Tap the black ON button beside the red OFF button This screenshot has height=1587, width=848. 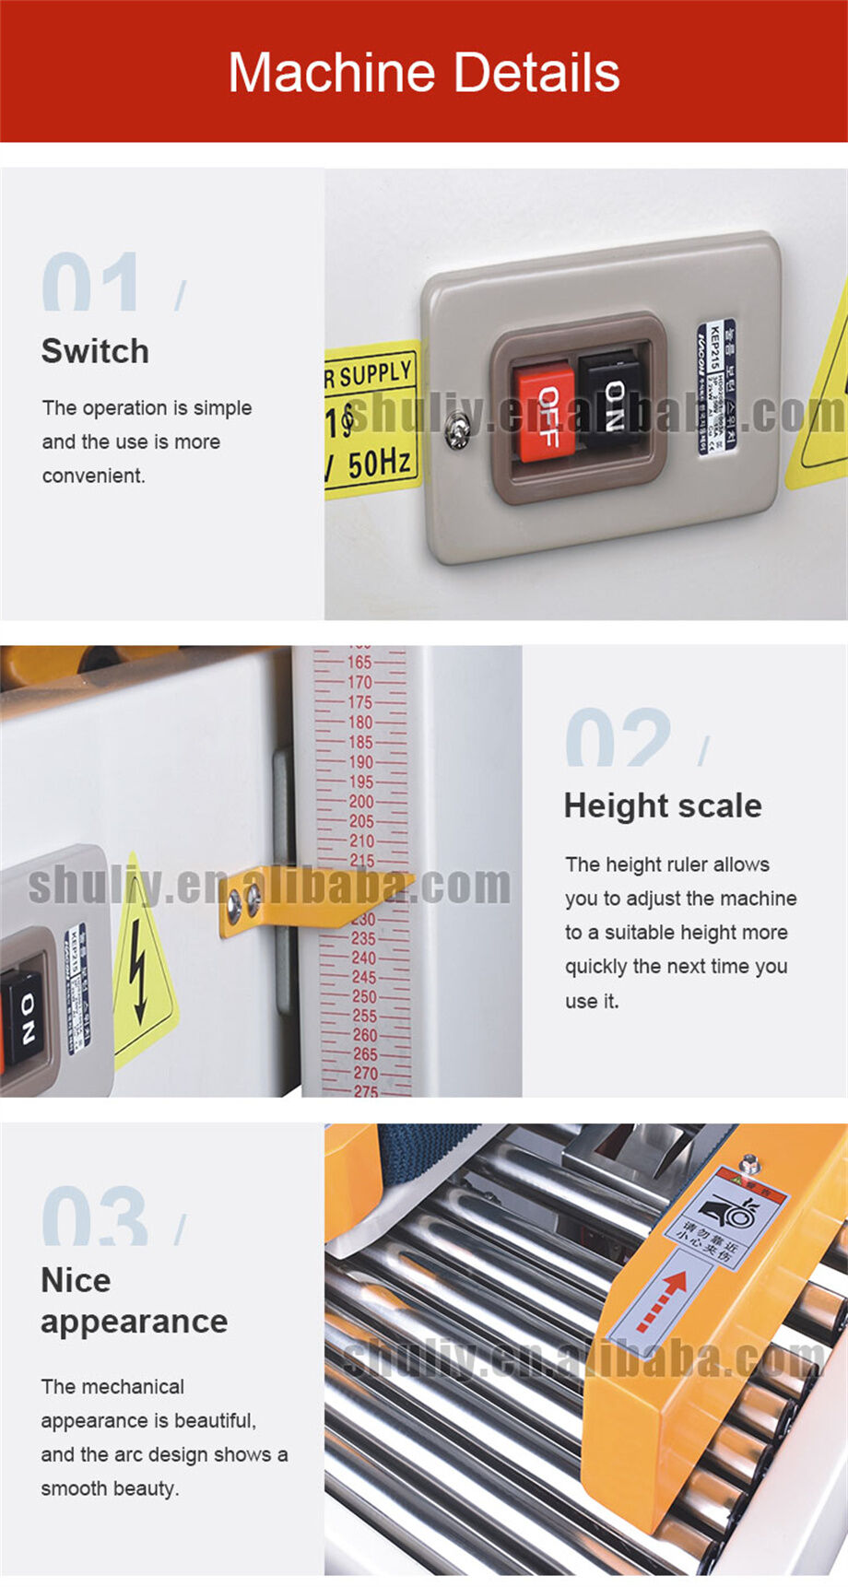(x=610, y=399)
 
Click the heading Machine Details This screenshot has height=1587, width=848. (x=424, y=73)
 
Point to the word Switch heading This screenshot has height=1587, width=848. (x=95, y=351)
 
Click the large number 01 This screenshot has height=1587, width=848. (x=92, y=282)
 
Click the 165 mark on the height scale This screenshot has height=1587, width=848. (x=359, y=663)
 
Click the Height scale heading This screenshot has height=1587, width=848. (x=663, y=805)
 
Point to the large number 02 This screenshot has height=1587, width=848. (x=618, y=737)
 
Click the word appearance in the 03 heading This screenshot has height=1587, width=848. (x=135, y=1322)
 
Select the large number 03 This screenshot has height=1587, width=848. (x=94, y=1217)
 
